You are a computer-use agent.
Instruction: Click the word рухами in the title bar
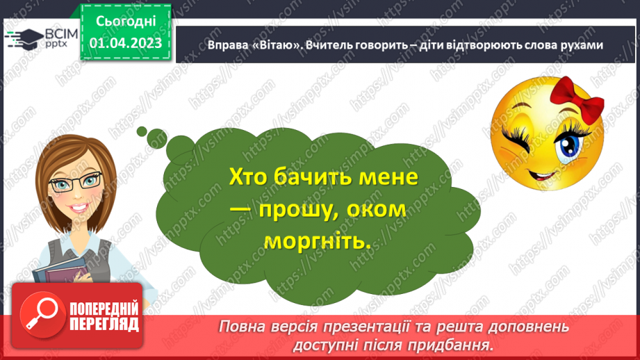tap(579, 44)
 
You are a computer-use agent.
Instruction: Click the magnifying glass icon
tap(40, 312)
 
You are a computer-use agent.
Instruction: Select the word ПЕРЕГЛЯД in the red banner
tap(104, 324)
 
